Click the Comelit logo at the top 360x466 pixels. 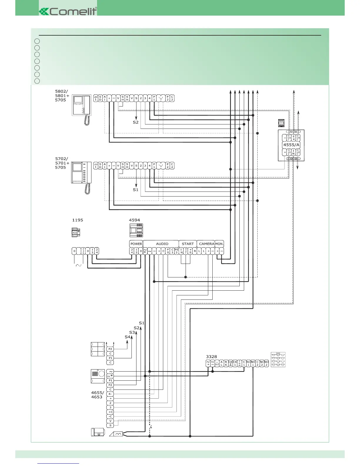68,11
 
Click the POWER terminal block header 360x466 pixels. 136,244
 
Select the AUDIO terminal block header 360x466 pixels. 162,244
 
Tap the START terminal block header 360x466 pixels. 188,244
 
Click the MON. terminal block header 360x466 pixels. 219,244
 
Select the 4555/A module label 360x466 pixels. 291,145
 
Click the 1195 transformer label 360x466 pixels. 78,220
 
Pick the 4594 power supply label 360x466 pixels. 134,220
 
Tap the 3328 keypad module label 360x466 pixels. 211,357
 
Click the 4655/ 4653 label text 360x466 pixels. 97,395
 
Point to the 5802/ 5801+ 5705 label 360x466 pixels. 62,96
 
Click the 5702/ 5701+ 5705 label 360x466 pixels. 62,163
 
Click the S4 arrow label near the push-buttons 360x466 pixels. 127,337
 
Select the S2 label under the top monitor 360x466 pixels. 135,122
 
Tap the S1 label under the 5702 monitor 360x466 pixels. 135,190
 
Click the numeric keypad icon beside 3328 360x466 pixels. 278,360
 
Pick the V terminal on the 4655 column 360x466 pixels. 110,421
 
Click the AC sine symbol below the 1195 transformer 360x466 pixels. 79,265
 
